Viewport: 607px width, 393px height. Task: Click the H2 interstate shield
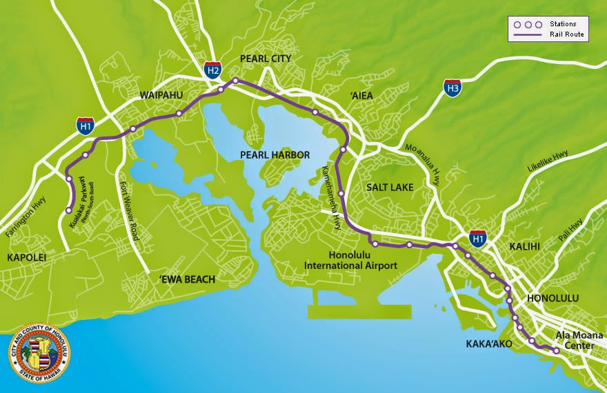click(213, 69)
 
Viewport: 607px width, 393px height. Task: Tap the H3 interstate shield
click(452, 88)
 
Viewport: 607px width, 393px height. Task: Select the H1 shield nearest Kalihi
click(477, 238)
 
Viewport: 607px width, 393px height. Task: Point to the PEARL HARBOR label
click(274, 155)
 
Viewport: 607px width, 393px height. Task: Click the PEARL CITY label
click(266, 59)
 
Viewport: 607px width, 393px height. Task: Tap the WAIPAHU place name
click(161, 94)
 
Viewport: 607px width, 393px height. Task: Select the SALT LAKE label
click(390, 188)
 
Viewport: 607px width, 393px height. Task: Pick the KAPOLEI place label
click(26, 257)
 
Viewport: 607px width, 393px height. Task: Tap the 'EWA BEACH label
click(187, 279)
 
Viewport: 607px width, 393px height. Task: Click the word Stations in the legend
click(564, 23)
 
